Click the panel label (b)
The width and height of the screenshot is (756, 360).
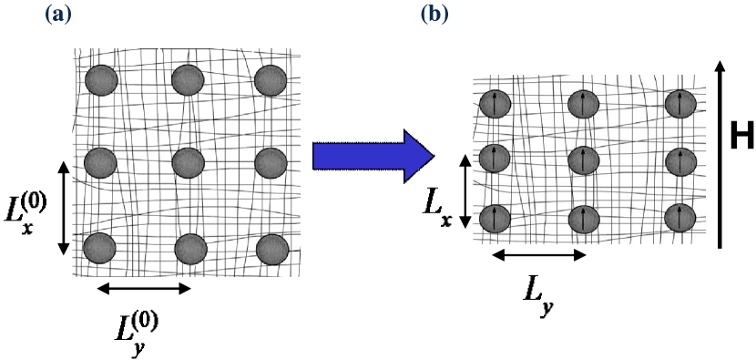tap(434, 15)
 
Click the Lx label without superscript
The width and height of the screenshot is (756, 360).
tap(438, 208)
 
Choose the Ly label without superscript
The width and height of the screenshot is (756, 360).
tap(538, 293)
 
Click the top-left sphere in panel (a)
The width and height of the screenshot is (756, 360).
tap(101, 80)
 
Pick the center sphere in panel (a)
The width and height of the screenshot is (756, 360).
tap(188, 163)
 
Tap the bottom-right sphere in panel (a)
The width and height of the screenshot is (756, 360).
tap(272, 248)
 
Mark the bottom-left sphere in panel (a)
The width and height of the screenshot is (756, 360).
tap(99, 248)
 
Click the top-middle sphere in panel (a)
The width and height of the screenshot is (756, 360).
tap(188, 80)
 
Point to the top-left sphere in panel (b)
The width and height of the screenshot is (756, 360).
tap(492, 103)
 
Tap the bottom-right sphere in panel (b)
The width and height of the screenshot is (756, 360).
tap(680, 218)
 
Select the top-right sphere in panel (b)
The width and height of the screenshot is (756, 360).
tap(680, 103)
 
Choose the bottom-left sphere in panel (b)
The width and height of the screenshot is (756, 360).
tap(493, 218)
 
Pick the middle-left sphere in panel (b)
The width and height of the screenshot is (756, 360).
tap(493, 160)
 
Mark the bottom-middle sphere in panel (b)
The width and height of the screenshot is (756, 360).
tap(584, 219)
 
